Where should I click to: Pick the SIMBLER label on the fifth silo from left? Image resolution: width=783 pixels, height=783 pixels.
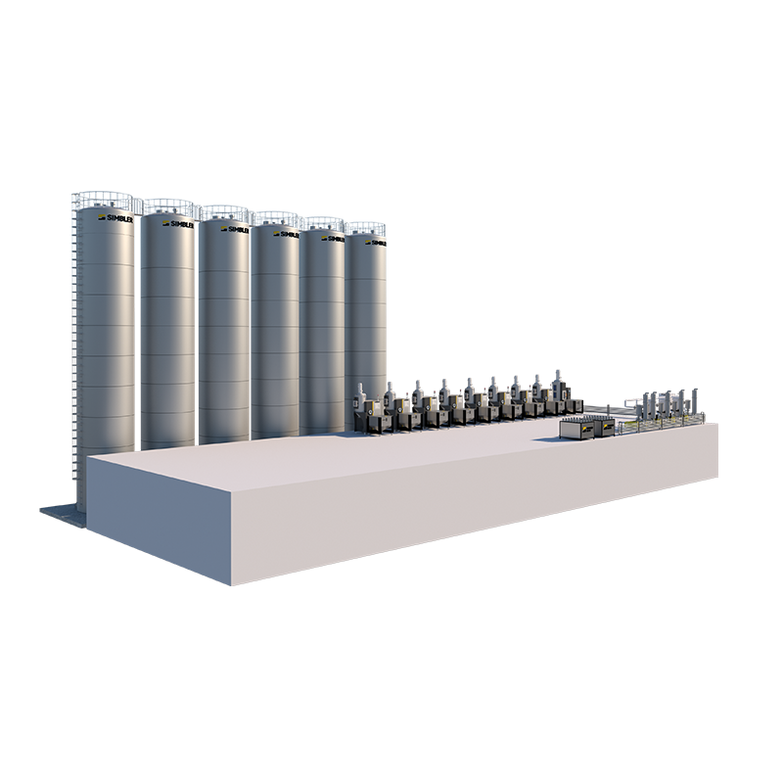pyautogui.click(x=334, y=238)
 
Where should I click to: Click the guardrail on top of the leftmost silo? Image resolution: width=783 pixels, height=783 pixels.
pyautogui.click(x=108, y=199)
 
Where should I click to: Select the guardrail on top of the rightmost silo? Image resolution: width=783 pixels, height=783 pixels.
pyautogui.click(x=366, y=228)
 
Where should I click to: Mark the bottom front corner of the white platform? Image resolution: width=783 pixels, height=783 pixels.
pyautogui.click(x=235, y=584)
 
